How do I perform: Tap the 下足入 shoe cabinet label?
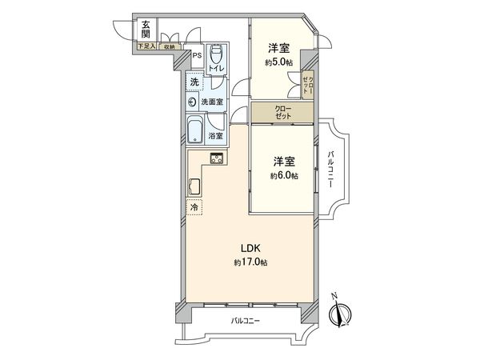pos(145,47)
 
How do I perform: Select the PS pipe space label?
pos(197,56)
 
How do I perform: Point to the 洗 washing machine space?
pos(194,82)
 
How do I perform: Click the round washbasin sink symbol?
pos(192,102)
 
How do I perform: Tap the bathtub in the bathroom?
pos(195,130)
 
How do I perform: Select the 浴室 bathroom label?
pos(216,136)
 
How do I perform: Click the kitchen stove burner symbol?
pos(217,158)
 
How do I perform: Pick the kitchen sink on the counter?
pos(195,189)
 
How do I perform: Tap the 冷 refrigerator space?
pos(194,207)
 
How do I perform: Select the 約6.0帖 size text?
pos(284,175)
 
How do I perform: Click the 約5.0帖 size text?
pos(278,62)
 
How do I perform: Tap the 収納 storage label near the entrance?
pos(169,47)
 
